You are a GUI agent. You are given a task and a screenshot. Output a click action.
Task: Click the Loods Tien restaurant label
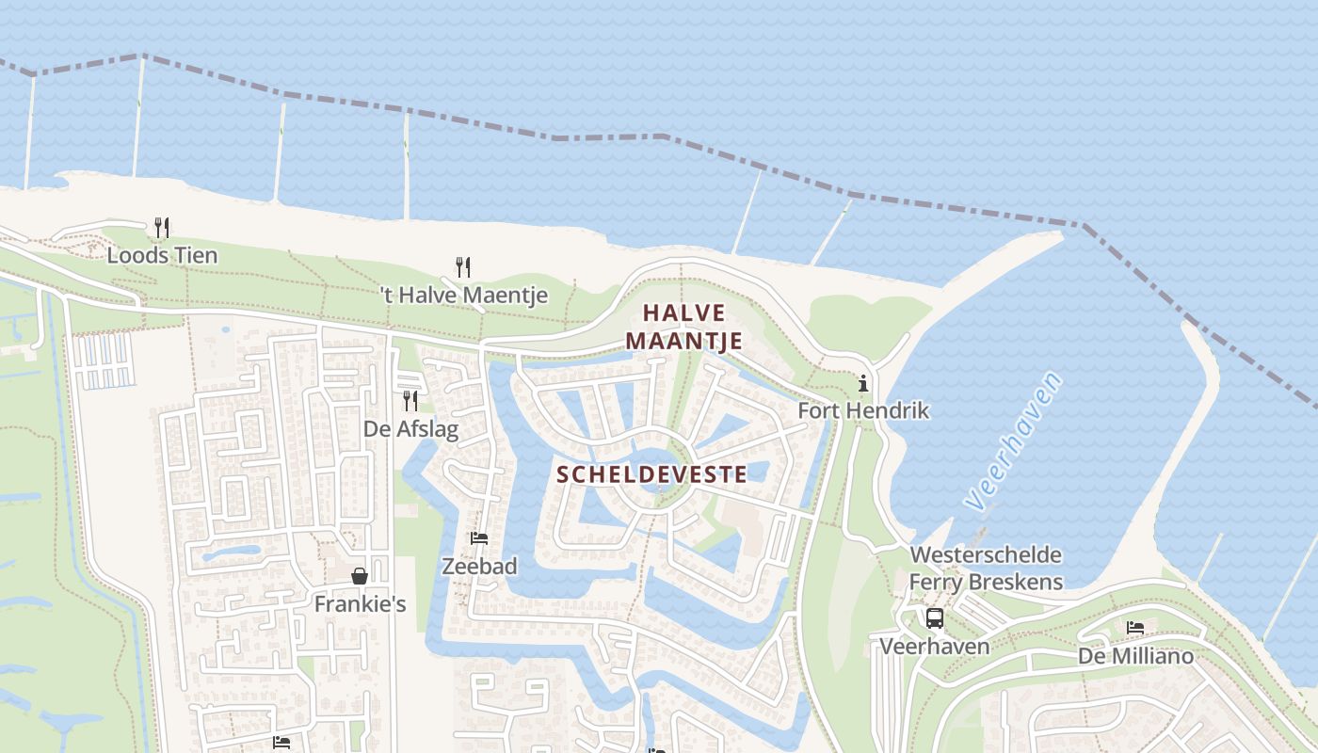coord(162,255)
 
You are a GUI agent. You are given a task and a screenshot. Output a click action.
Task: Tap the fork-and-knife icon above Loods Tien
coord(162,227)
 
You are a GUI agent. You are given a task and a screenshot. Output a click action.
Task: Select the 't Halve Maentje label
coord(464,295)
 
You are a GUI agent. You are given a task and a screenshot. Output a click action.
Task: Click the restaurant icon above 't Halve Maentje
coord(462,266)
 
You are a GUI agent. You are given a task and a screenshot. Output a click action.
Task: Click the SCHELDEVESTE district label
coord(651,473)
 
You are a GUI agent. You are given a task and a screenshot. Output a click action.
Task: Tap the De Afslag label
coord(411,429)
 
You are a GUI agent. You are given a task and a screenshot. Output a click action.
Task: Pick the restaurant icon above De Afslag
coord(410,401)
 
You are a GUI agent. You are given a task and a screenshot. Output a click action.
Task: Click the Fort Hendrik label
coord(863,410)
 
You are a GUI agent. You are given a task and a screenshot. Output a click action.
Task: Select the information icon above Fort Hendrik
coord(863,383)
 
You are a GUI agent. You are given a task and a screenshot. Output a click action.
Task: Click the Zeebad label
coord(480,566)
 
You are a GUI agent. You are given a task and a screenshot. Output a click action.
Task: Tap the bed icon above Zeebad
coord(479,538)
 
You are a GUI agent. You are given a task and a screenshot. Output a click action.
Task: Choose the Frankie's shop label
coord(360,603)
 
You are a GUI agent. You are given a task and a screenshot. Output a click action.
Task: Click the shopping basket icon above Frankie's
coord(360,576)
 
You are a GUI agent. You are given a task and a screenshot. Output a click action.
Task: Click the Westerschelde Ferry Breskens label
coord(986,569)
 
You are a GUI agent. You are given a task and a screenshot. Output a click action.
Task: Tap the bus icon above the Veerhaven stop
coord(935,618)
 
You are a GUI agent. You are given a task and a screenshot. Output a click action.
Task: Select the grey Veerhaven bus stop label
coord(935,646)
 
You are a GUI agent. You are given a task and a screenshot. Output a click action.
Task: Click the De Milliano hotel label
coord(1135,655)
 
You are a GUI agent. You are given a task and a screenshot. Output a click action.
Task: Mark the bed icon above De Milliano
coord(1135,628)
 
